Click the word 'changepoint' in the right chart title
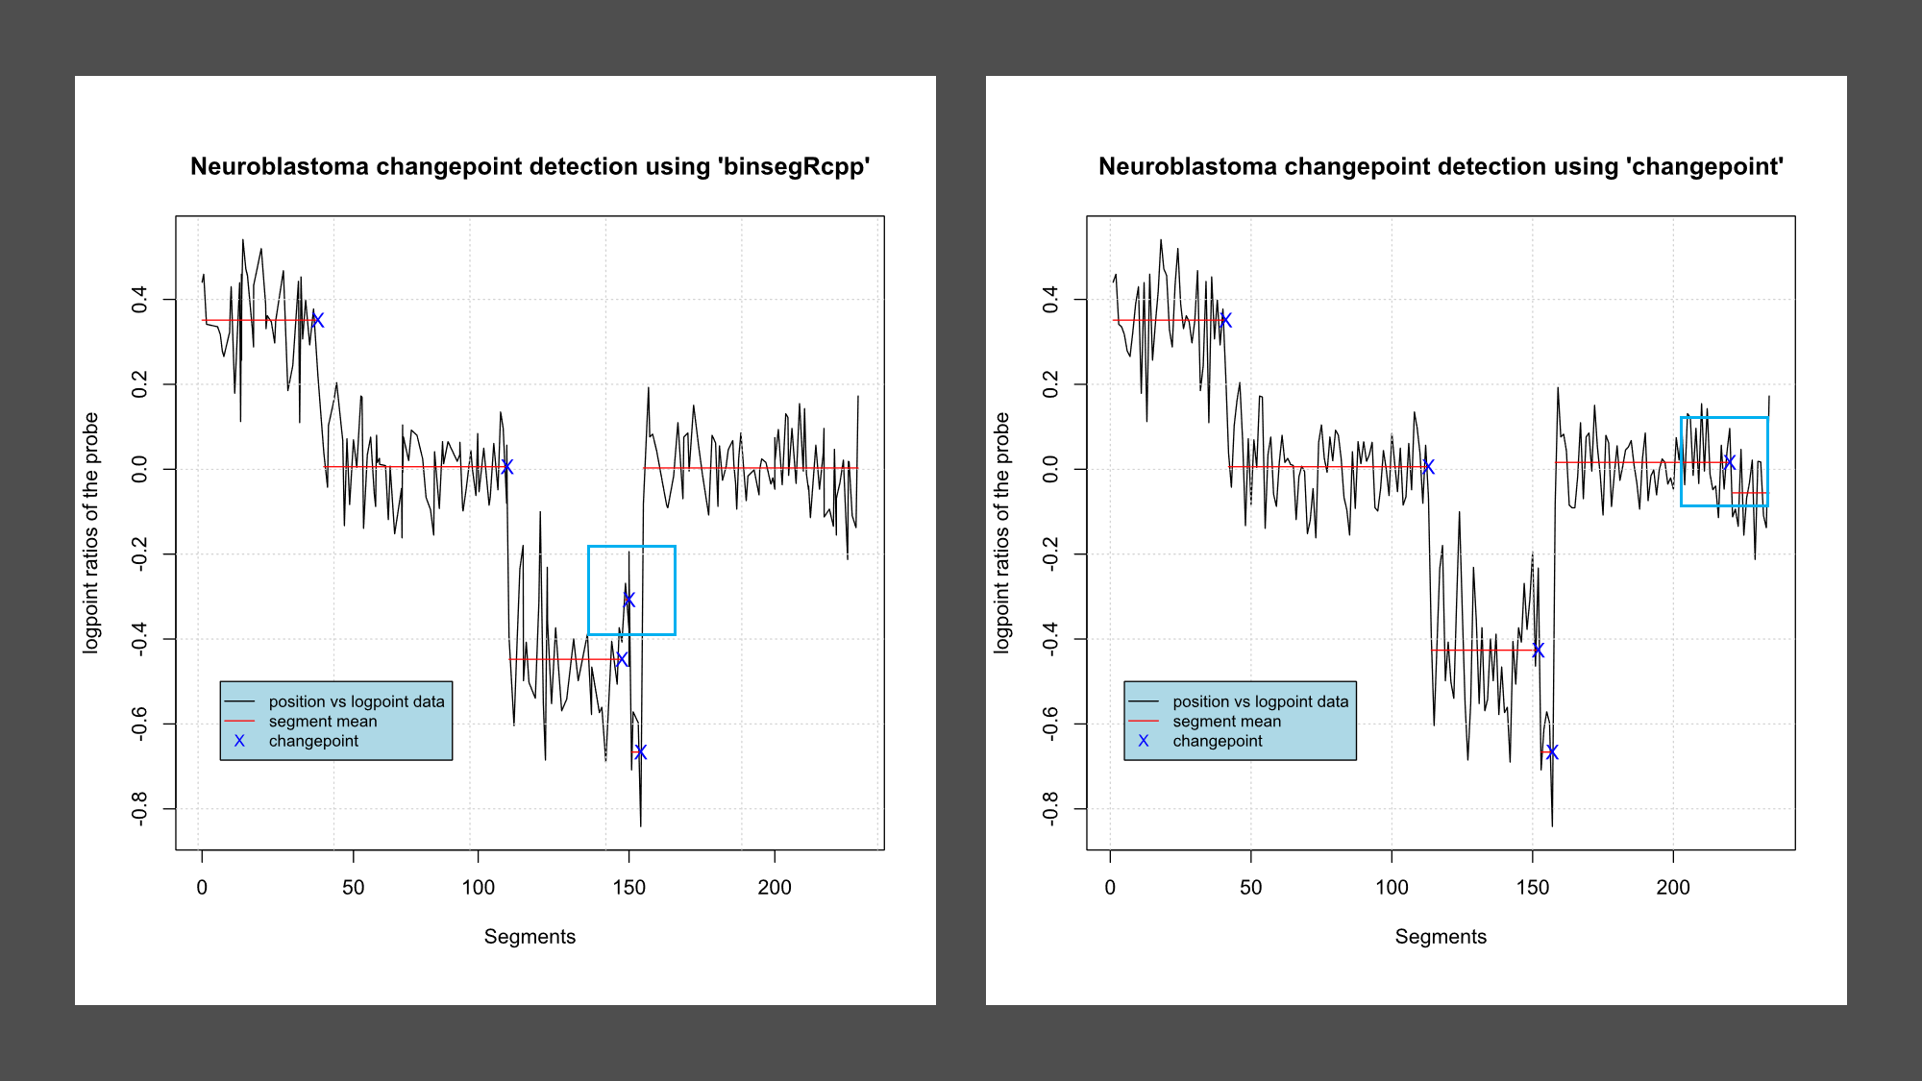click(1705, 167)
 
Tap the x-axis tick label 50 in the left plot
click(353, 887)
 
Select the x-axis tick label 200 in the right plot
click(1672, 887)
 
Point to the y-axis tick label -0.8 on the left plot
click(140, 808)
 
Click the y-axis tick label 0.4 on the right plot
click(1051, 299)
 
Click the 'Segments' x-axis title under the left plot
click(530, 937)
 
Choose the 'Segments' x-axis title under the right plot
click(1441, 937)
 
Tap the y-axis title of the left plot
click(91, 533)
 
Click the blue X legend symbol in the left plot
click(239, 741)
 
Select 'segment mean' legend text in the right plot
click(1226, 722)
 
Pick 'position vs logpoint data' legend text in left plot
click(357, 701)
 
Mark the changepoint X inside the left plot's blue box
click(628, 600)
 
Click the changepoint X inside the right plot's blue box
click(1729, 462)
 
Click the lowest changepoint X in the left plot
click(640, 751)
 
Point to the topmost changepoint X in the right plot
click(1225, 320)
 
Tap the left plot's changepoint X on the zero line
click(507, 467)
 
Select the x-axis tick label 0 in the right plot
click(1110, 887)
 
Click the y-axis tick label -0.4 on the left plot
click(140, 638)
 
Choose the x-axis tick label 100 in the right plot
click(1391, 887)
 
